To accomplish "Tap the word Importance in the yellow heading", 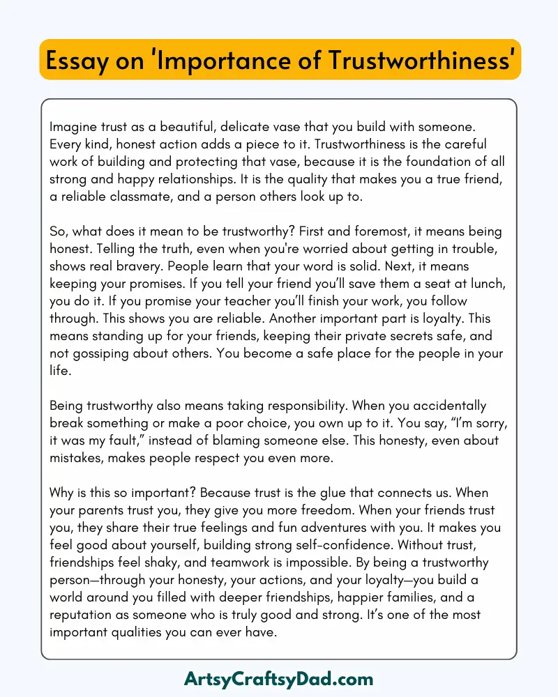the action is coord(213,61).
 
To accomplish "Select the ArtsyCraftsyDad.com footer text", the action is coord(279,678).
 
